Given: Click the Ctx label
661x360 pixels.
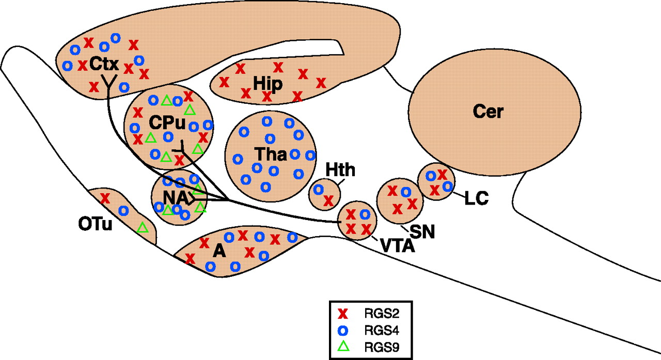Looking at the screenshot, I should (104, 65).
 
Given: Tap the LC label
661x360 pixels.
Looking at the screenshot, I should (476, 198).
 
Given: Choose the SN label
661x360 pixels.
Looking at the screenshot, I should (422, 232).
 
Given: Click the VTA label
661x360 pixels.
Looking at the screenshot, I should (398, 246).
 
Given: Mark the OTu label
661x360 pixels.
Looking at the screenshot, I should (96, 226).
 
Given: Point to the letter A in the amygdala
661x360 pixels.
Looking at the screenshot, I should (219, 252).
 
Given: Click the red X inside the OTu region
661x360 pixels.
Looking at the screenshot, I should (105, 197).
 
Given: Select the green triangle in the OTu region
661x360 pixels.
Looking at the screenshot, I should (143, 226).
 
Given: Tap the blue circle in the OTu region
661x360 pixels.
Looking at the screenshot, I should (123, 210).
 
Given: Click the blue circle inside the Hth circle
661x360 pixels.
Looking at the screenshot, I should (319, 190).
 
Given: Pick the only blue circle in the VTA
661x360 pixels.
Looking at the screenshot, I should (365, 214).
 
